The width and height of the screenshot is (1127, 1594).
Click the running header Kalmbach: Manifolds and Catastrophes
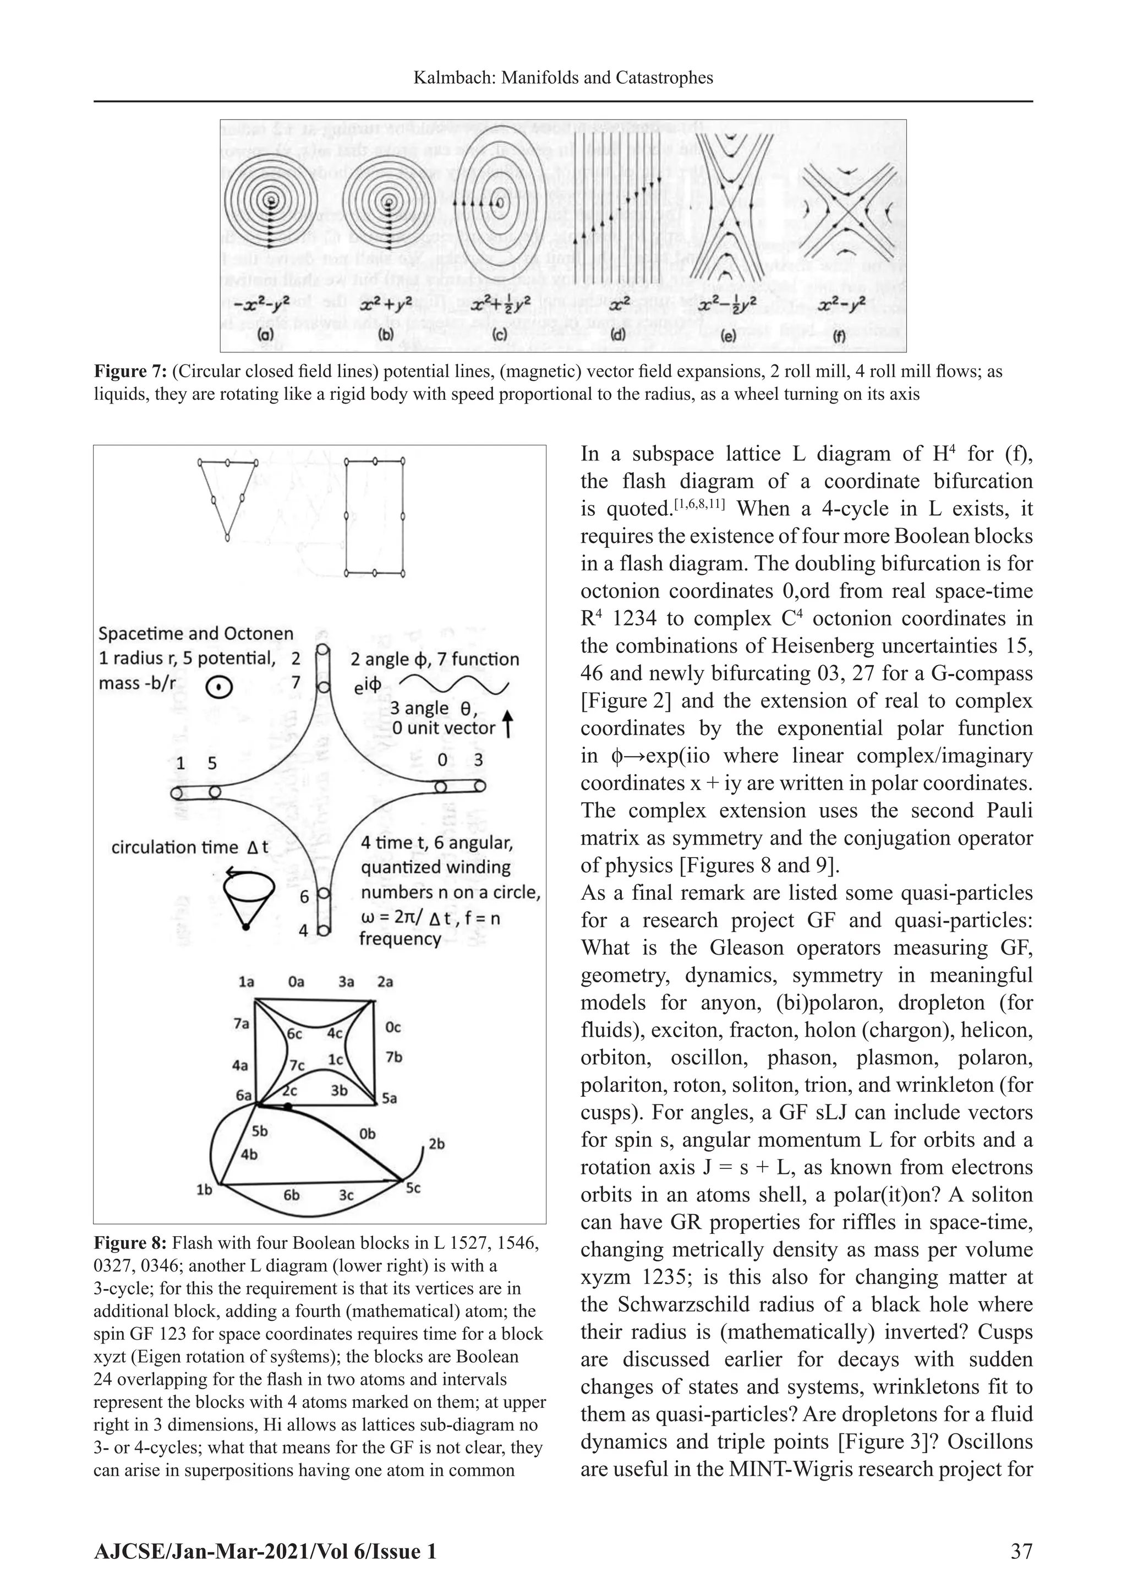563,77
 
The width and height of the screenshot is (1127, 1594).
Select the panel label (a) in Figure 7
266,335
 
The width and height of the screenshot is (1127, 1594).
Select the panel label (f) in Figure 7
842,335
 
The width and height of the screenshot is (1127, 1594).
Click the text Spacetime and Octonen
196,633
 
